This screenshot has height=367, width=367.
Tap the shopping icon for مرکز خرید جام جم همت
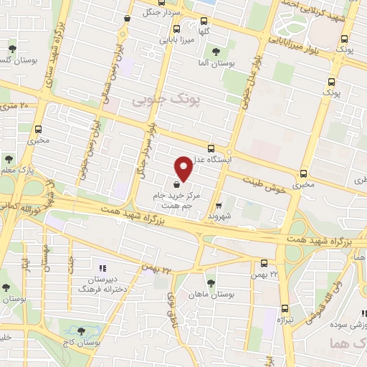click(x=176, y=183)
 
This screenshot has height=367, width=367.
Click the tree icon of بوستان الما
click(x=216, y=51)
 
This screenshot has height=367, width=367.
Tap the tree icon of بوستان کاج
click(x=80, y=331)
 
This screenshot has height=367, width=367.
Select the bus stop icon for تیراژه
click(x=286, y=305)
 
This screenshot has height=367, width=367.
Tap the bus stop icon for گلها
click(x=204, y=19)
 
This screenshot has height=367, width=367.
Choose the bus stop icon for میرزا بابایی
click(x=171, y=31)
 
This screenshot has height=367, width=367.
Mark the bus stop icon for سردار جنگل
click(x=127, y=19)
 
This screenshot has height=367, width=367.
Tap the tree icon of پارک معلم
click(x=9, y=159)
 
